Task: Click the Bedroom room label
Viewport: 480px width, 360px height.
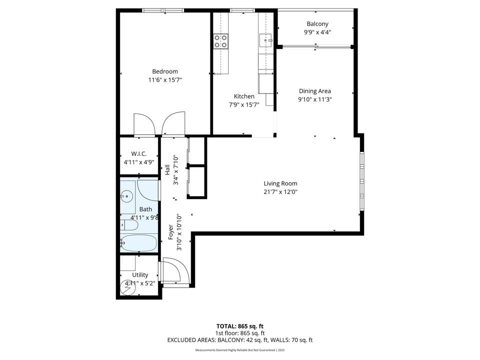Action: pyautogui.click(x=165, y=71)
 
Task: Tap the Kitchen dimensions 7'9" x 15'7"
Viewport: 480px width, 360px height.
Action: pyautogui.click(x=244, y=104)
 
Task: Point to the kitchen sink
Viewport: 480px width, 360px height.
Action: pyautogui.click(x=265, y=40)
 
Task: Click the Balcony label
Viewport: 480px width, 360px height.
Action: pyautogui.click(x=317, y=24)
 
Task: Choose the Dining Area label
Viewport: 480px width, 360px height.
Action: pyautogui.click(x=314, y=91)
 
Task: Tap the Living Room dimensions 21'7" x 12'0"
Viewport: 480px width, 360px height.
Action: pyautogui.click(x=280, y=192)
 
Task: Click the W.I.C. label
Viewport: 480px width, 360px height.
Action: pyautogui.click(x=138, y=153)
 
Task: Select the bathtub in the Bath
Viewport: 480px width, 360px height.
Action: pyautogui.click(x=138, y=243)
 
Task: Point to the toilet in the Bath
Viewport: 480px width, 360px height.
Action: pyautogui.click(x=129, y=225)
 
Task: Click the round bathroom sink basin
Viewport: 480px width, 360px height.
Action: pyautogui.click(x=126, y=196)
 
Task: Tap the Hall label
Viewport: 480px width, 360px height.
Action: pyautogui.click(x=167, y=170)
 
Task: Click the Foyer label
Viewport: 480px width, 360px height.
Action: pyautogui.click(x=171, y=232)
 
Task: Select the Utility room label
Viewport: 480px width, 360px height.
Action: pyautogui.click(x=140, y=275)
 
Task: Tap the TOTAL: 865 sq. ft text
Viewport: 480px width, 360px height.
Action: pyautogui.click(x=239, y=326)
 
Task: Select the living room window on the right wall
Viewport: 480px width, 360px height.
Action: pyautogui.click(x=362, y=181)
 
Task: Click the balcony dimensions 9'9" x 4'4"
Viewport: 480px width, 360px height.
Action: pyautogui.click(x=317, y=32)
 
